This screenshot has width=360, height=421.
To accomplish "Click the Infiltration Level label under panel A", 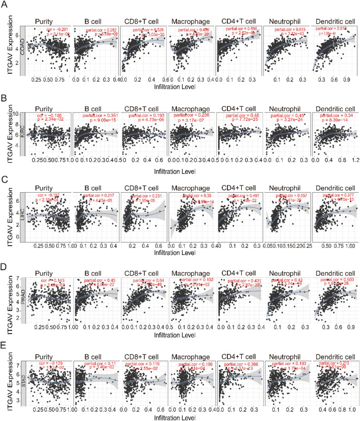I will coord(191,89).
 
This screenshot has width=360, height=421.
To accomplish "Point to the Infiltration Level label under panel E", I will coord(191,416).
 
